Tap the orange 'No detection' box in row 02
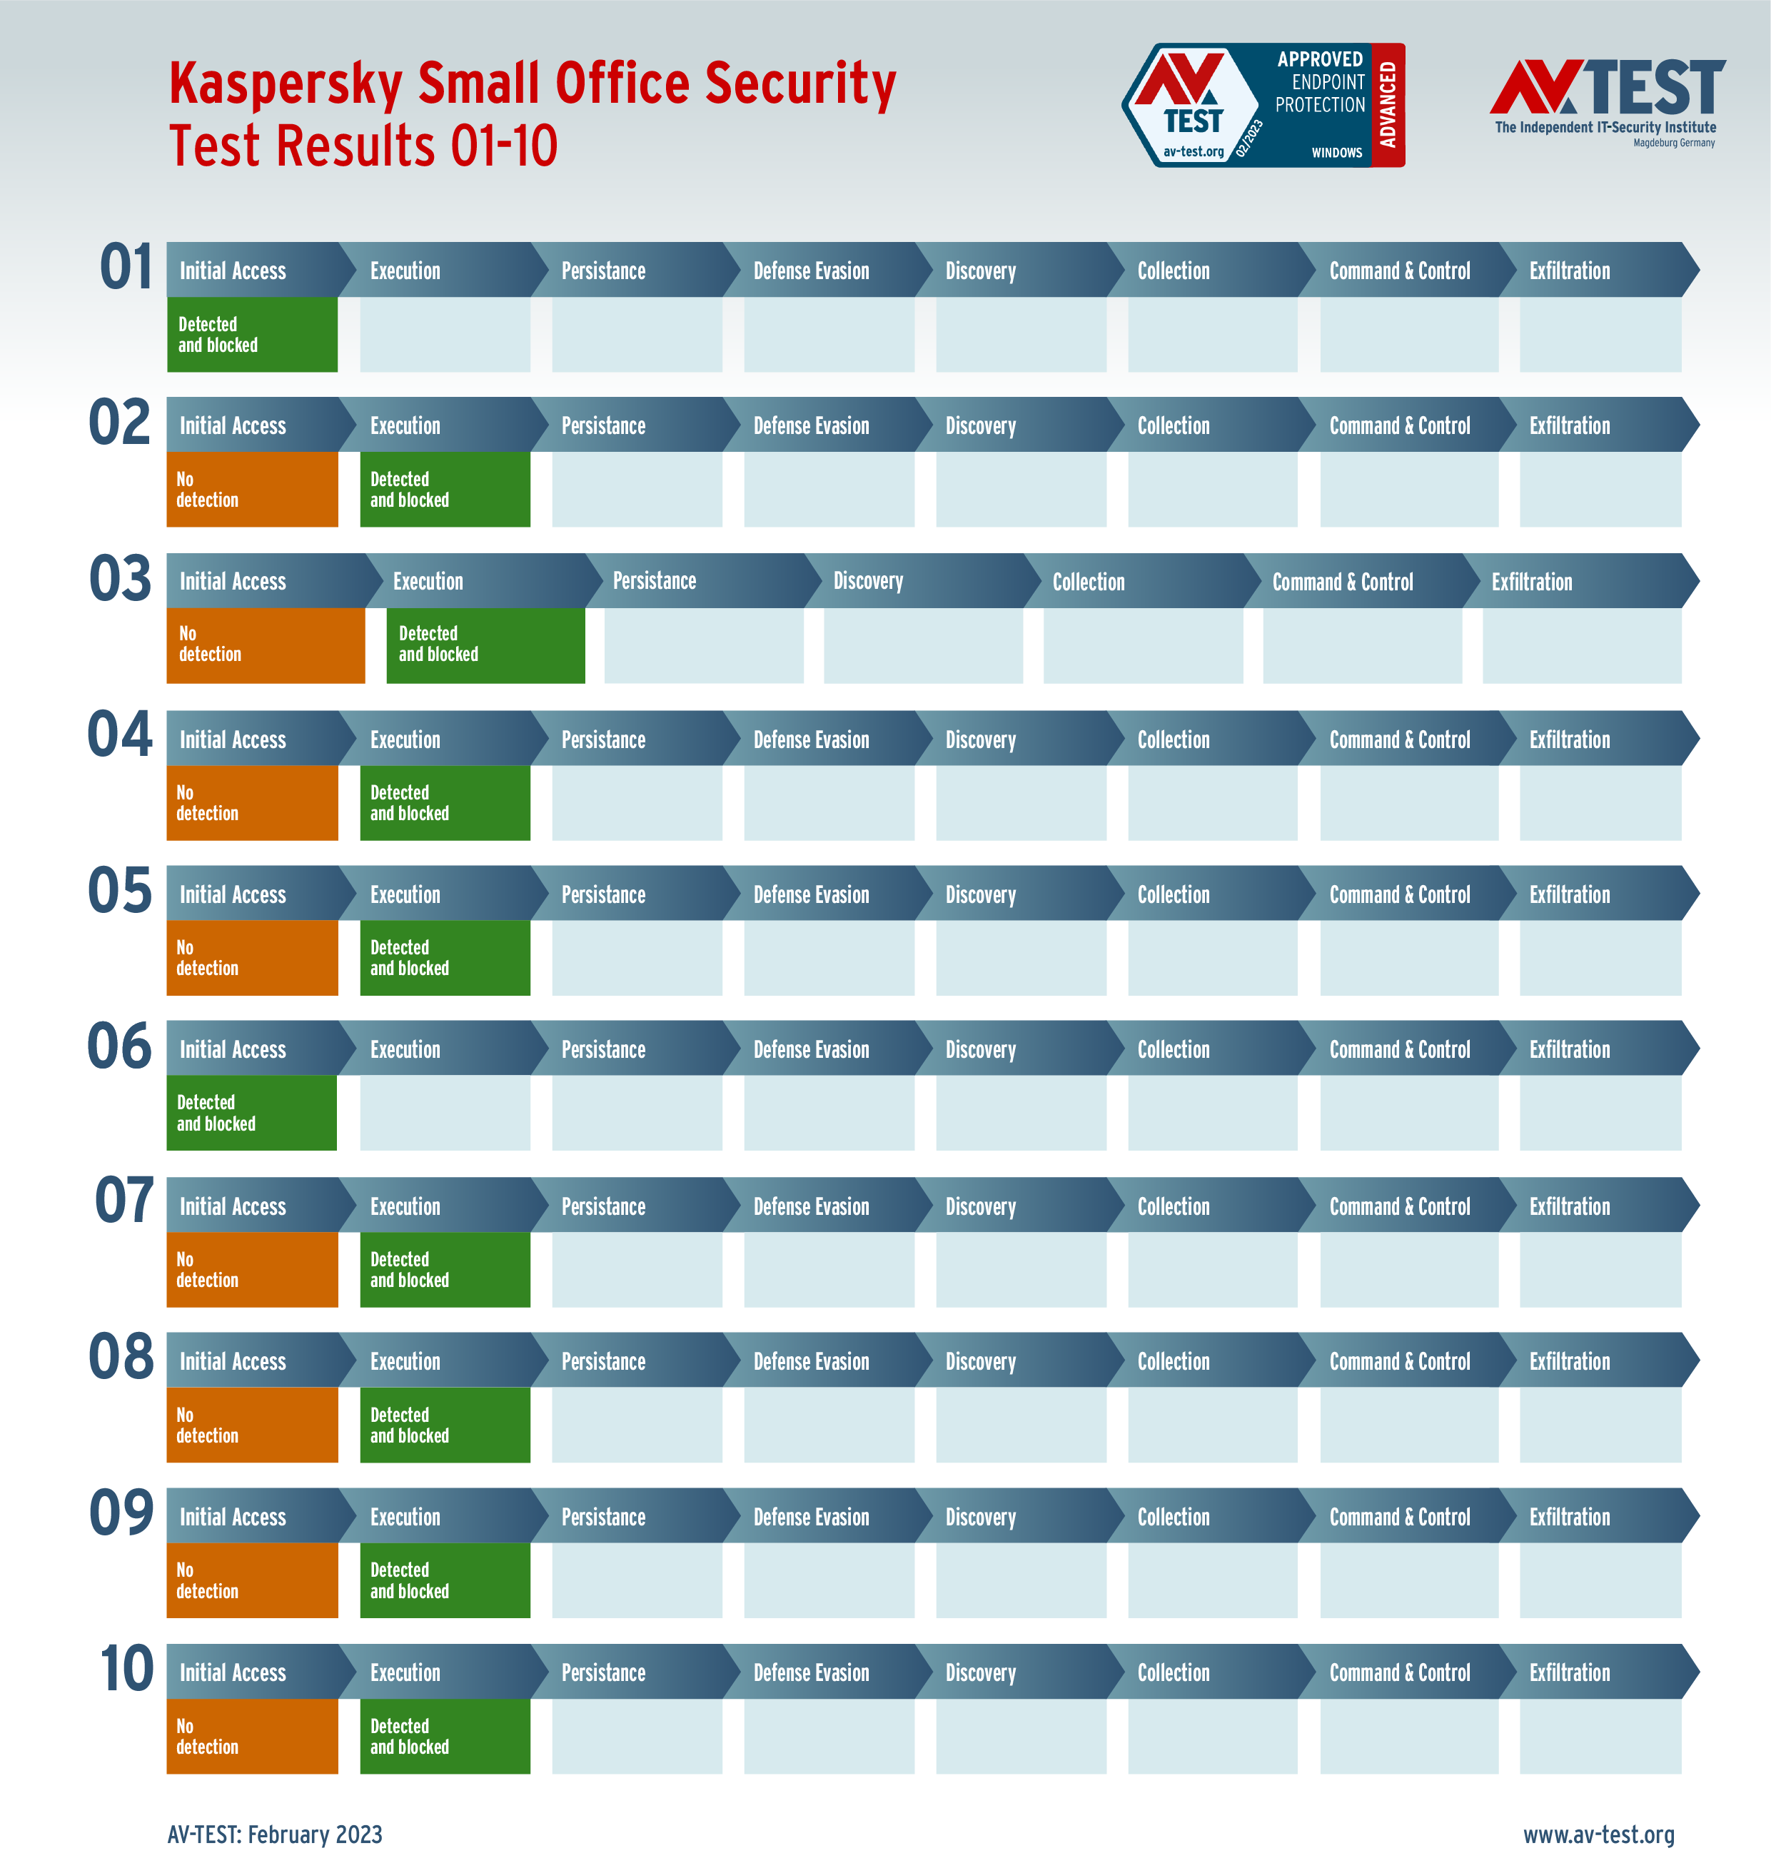pos(252,489)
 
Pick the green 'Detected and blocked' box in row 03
pos(485,645)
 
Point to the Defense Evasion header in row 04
pos(811,740)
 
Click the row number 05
pos(120,892)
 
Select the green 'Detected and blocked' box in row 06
pos(251,1113)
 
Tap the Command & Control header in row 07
pos(1399,1206)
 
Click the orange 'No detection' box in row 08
pos(252,1425)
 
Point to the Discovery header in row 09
pos(980,1517)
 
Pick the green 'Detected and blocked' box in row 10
pos(445,1736)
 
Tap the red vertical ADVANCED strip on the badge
pos(1388,105)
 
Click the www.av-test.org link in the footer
pos(1598,1834)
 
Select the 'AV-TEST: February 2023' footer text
pos(275,1834)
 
